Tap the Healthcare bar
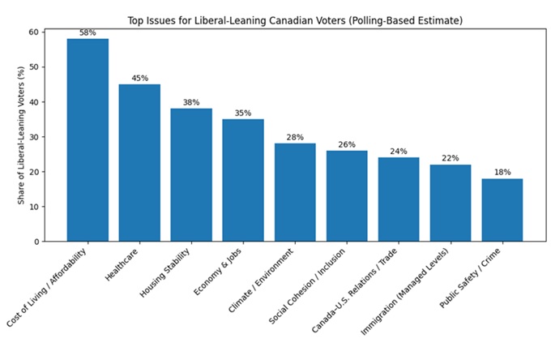point(139,162)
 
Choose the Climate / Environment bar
point(295,192)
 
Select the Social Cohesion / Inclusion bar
point(347,195)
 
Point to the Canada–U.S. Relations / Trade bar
point(399,199)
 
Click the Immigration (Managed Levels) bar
point(451,203)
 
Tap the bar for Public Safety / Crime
point(502,209)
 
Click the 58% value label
point(88,32)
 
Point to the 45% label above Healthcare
point(139,78)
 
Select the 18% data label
point(502,172)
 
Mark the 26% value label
point(347,144)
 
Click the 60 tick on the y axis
point(33,32)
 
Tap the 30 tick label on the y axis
point(33,137)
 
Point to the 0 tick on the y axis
point(36,242)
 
